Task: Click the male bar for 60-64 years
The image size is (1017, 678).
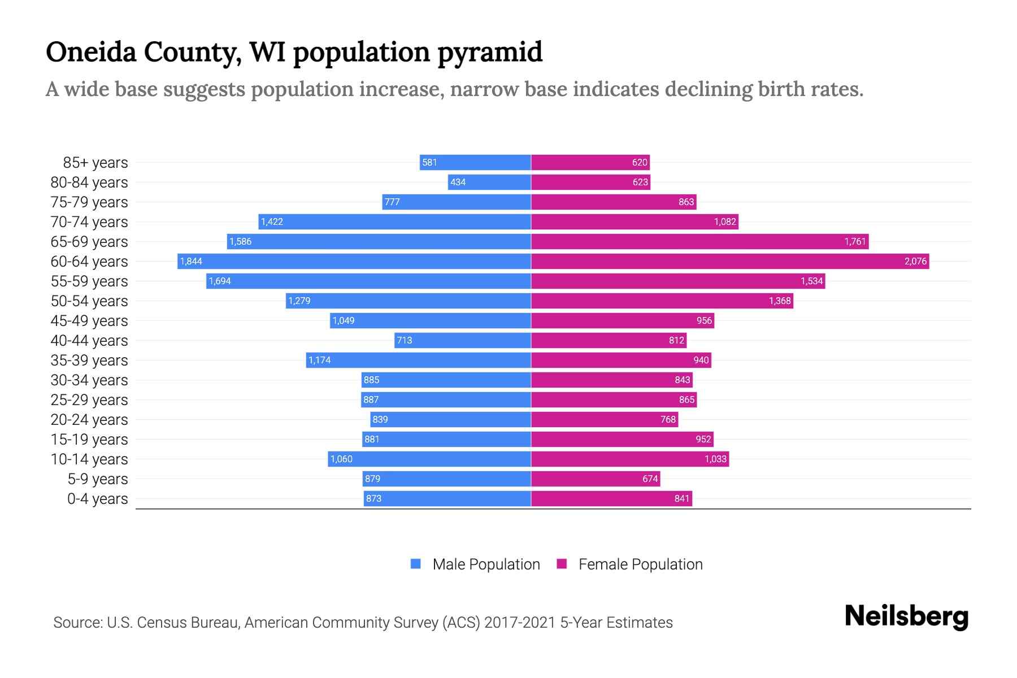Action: point(354,261)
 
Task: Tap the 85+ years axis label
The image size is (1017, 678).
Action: point(95,163)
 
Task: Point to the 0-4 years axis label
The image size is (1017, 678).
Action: point(97,499)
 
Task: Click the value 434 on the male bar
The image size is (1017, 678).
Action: point(458,182)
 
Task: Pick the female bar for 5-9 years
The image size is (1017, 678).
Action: point(596,479)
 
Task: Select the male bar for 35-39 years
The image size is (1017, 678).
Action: point(418,360)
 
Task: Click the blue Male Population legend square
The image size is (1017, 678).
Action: point(416,564)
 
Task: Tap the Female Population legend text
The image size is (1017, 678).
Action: point(640,564)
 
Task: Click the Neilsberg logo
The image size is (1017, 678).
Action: point(906,616)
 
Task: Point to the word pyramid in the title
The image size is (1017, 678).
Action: point(490,53)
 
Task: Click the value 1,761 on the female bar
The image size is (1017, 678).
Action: point(855,242)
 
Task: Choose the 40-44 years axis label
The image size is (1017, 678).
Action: point(89,341)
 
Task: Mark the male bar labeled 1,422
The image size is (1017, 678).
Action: point(394,222)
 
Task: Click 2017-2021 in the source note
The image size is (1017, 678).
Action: point(519,623)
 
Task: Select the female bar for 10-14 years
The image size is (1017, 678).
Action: point(629,459)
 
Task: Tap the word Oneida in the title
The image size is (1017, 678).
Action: point(90,53)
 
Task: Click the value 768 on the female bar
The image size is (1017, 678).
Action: point(668,420)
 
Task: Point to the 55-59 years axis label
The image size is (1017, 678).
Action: point(89,281)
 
